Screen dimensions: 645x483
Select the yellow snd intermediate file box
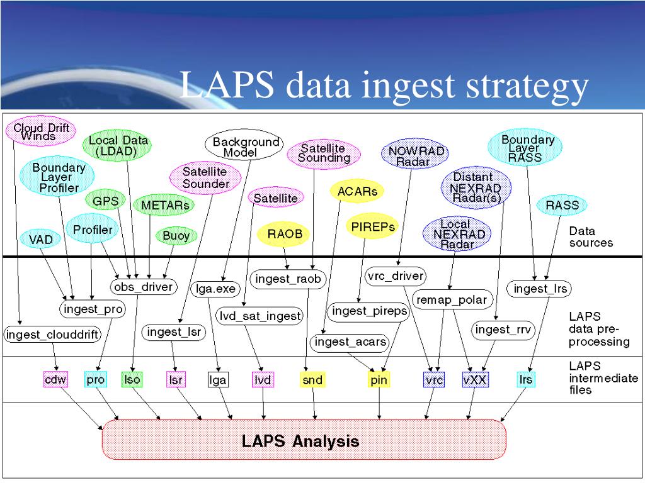[x=312, y=379]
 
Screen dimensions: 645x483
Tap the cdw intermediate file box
[x=55, y=379]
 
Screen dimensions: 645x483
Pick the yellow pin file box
[x=379, y=379]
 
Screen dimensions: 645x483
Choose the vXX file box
[x=476, y=379]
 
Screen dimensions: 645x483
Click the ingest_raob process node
[x=288, y=278]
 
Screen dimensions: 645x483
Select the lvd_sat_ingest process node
[x=260, y=315]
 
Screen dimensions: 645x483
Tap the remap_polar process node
[x=452, y=299]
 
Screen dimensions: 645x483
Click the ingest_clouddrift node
[x=52, y=335]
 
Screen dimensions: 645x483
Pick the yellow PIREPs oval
[x=373, y=226]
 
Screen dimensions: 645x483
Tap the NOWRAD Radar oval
[x=416, y=155]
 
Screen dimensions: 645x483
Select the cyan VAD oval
[x=41, y=239]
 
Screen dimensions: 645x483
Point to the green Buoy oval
[x=176, y=236]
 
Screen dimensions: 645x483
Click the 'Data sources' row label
[x=590, y=236]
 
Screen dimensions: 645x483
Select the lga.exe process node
[x=215, y=289]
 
